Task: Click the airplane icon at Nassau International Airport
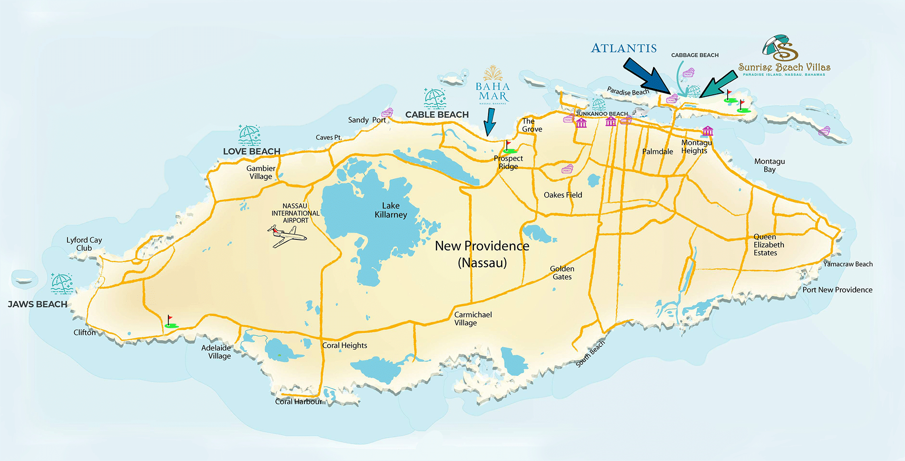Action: (287, 236)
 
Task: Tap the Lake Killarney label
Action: (391, 210)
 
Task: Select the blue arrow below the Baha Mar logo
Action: (489, 122)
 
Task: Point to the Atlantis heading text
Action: (624, 48)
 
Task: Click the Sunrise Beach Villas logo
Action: (784, 56)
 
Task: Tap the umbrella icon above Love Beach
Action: (249, 135)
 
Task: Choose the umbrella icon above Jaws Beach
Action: (62, 283)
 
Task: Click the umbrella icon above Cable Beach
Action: (434, 98)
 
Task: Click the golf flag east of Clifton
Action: (171, 322)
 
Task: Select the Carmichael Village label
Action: (472, 319)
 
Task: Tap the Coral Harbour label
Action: (298, 402)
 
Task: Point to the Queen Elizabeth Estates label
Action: (768, 245)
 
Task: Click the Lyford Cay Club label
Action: (84, 244)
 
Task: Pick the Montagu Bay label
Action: (769, 165)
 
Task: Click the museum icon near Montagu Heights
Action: (707, 131)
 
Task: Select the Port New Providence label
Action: (837, 290)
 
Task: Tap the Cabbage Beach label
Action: (694, 55)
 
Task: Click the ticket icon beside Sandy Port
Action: (387, 113)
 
